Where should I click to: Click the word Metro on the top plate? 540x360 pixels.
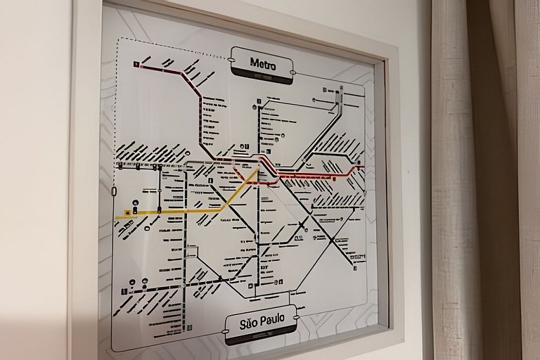click(263, 63)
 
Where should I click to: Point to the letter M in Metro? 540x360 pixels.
click(255, 63)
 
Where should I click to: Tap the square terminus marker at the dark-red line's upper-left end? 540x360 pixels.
click(136, 64)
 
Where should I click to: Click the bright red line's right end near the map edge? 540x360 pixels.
click(361, 167)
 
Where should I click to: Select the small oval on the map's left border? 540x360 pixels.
click(114, 191)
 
